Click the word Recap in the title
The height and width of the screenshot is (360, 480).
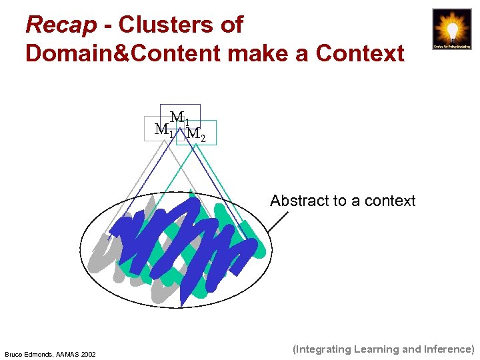pos(61,25)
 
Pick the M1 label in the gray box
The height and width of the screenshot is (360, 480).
pos(163,130)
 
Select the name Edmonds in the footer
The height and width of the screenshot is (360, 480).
pos(42,353)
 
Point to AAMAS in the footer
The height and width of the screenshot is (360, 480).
pos(71,353)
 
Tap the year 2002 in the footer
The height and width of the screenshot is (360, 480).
pos(89,353)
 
